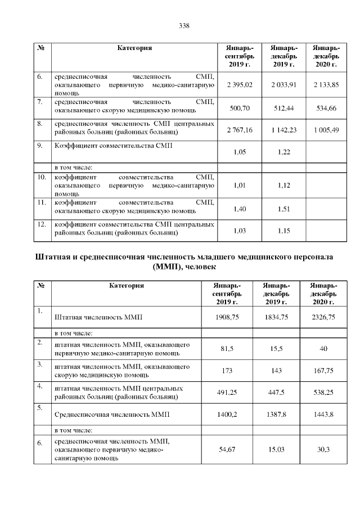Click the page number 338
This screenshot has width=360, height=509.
[183, 25]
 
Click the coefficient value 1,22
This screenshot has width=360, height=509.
[283, 152]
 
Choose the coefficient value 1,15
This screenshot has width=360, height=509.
[283, 231]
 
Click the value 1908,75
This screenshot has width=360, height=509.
[227, 318]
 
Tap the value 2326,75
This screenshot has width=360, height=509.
[323, 318]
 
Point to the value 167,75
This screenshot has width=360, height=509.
[323, 372]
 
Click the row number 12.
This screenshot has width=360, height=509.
[41, 224]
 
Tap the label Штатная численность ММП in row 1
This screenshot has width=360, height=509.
[98, 318]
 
